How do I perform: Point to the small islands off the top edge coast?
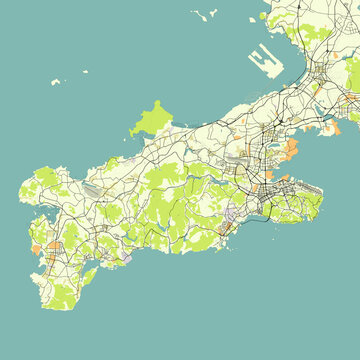pos(207,15)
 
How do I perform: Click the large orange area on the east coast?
pos(291,151)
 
